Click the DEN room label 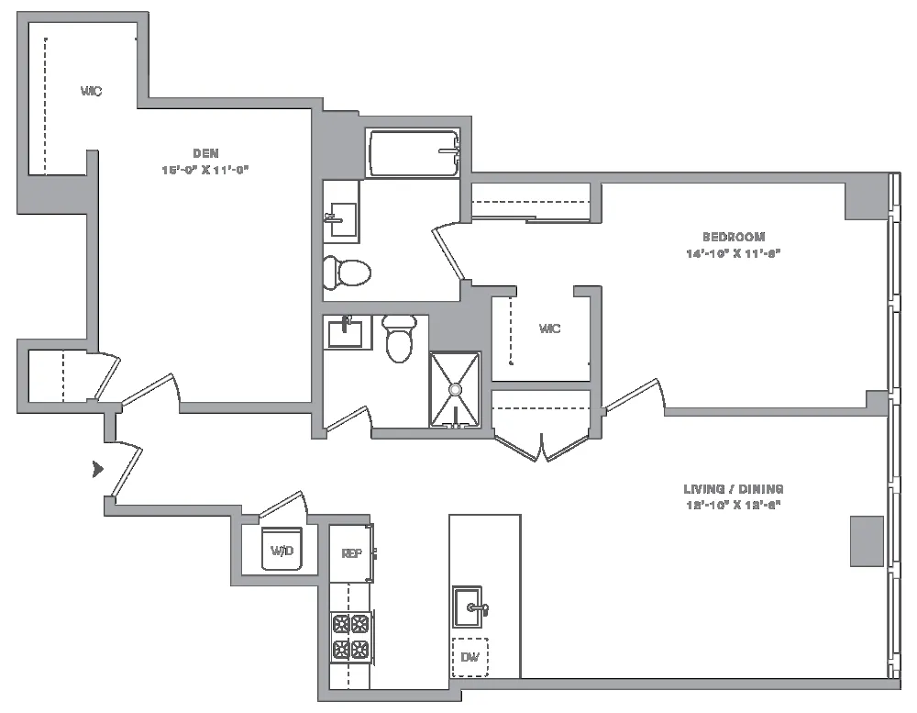[x=205, y=153]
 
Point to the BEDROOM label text [x=737, y=237]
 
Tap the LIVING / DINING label [x=735, y=489]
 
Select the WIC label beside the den [x=91, y=91]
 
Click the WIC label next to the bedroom [x=549, y=329]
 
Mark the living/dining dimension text [x=735, y=505]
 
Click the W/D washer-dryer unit [x=282, y=549]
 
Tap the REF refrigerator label [x=351, y=553]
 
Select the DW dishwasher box [x=470, y=656]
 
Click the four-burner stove [x=350, y=637]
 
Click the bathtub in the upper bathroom [x=413, y=153]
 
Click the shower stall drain [x=455, y=390]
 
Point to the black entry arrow [x=98, y=470]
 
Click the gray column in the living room [x=867, y=540]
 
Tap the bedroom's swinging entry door [x=633, y=395]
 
